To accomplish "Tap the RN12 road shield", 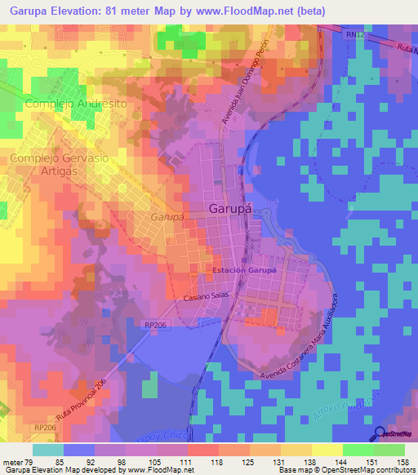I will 353,35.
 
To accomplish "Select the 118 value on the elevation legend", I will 202,462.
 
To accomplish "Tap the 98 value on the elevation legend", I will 109,462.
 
